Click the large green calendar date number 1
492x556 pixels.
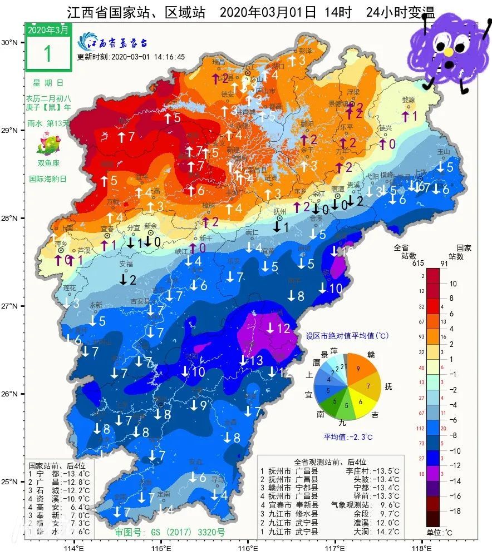pos(47,53)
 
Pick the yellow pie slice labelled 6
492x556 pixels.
pos(361,401)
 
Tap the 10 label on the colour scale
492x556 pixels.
pos(452,284)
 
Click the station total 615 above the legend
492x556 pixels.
pos(412,264)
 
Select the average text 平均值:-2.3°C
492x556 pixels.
pos(348,436)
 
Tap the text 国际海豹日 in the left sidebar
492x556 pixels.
pos(47,180)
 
